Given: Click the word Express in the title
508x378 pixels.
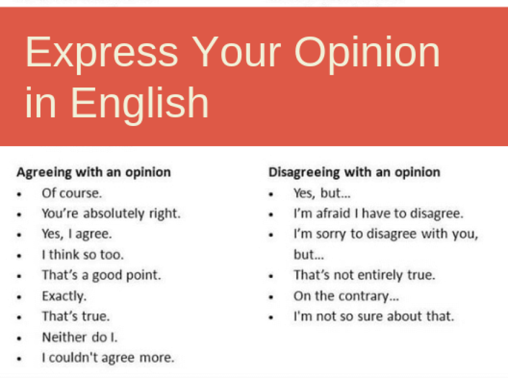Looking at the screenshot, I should pos(101,53).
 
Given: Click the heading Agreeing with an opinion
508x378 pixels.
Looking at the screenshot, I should pos(93,173).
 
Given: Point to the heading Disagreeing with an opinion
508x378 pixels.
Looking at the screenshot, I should pos(354,173).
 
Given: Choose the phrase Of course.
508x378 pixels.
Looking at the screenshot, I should pos(72,193).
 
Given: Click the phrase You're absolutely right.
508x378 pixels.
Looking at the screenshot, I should pos(111,214).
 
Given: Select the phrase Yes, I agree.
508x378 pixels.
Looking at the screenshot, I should pos(76,234).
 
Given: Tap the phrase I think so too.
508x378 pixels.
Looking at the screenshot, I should pos(83,255).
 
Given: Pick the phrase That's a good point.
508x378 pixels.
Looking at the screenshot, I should pos(101,275).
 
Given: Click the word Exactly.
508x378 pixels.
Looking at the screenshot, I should pos(64,296).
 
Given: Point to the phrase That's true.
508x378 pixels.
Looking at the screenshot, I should pos(76,316).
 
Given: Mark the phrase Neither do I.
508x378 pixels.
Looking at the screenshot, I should pos(79,337).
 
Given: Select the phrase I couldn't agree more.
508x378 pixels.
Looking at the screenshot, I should pos(108,358).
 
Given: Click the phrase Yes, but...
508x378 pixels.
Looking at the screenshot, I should pos(322,193).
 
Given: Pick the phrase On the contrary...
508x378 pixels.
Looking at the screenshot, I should pos(346,296).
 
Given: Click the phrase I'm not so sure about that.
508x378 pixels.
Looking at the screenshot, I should pos(374,316).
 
